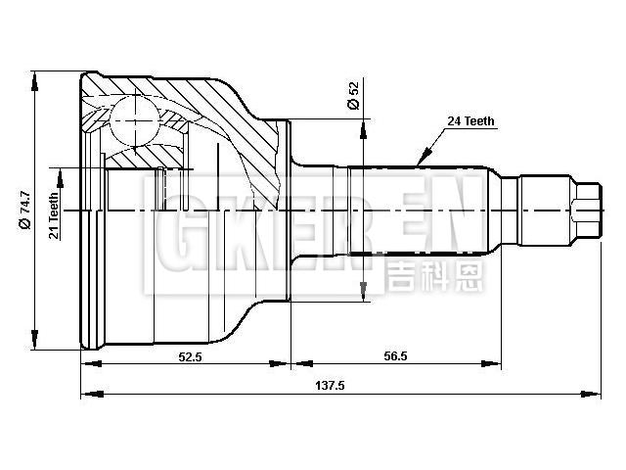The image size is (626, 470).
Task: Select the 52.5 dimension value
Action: tap(191, 356)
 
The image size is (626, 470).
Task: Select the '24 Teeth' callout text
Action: tap(471, 121)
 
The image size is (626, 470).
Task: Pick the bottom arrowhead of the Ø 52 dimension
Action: tap(364, 296)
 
